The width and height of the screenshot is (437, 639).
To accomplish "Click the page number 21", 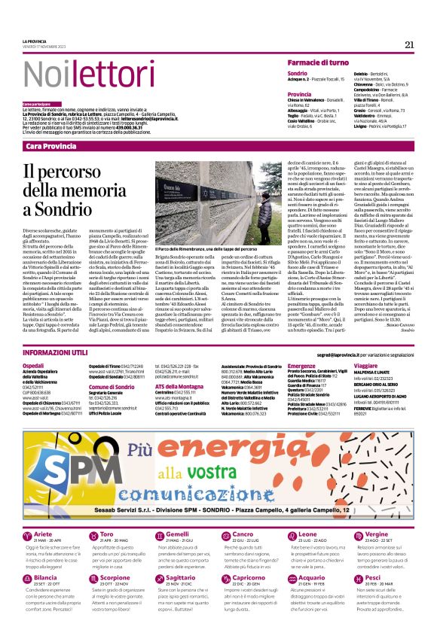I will (409, 44).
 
